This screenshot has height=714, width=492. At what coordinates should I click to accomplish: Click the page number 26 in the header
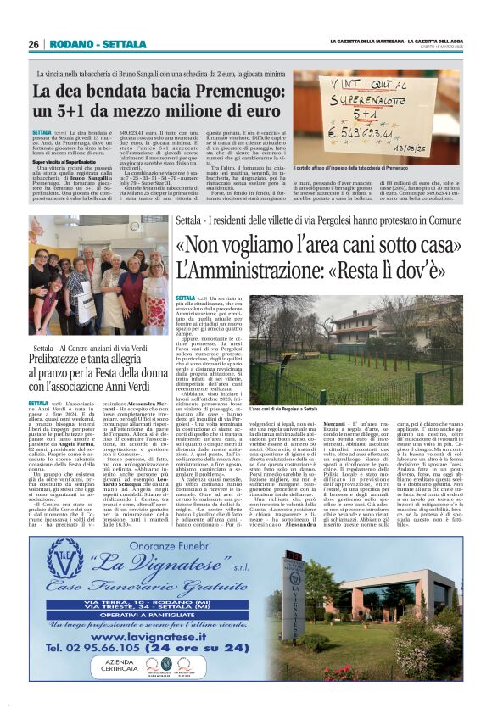[34, 44]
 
